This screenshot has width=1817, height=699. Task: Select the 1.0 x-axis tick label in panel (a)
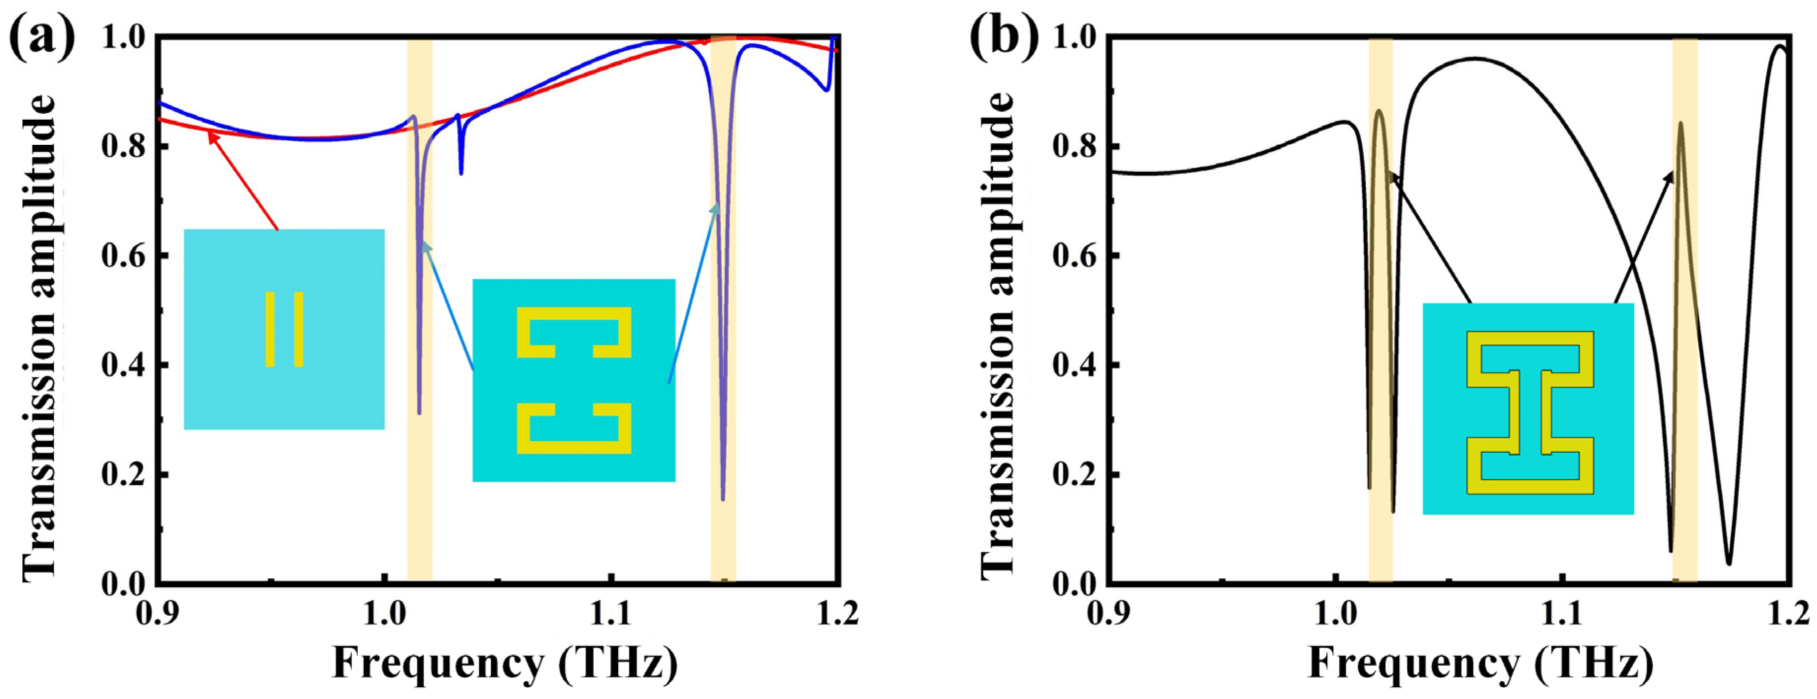(384, 614)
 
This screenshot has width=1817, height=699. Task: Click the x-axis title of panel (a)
(505, 664)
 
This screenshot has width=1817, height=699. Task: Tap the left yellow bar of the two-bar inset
(269, 330)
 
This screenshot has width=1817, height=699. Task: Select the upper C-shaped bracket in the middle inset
(573, 332)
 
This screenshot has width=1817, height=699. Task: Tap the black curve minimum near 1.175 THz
(1728, 562)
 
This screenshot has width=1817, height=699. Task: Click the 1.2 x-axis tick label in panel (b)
(1789, 614)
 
